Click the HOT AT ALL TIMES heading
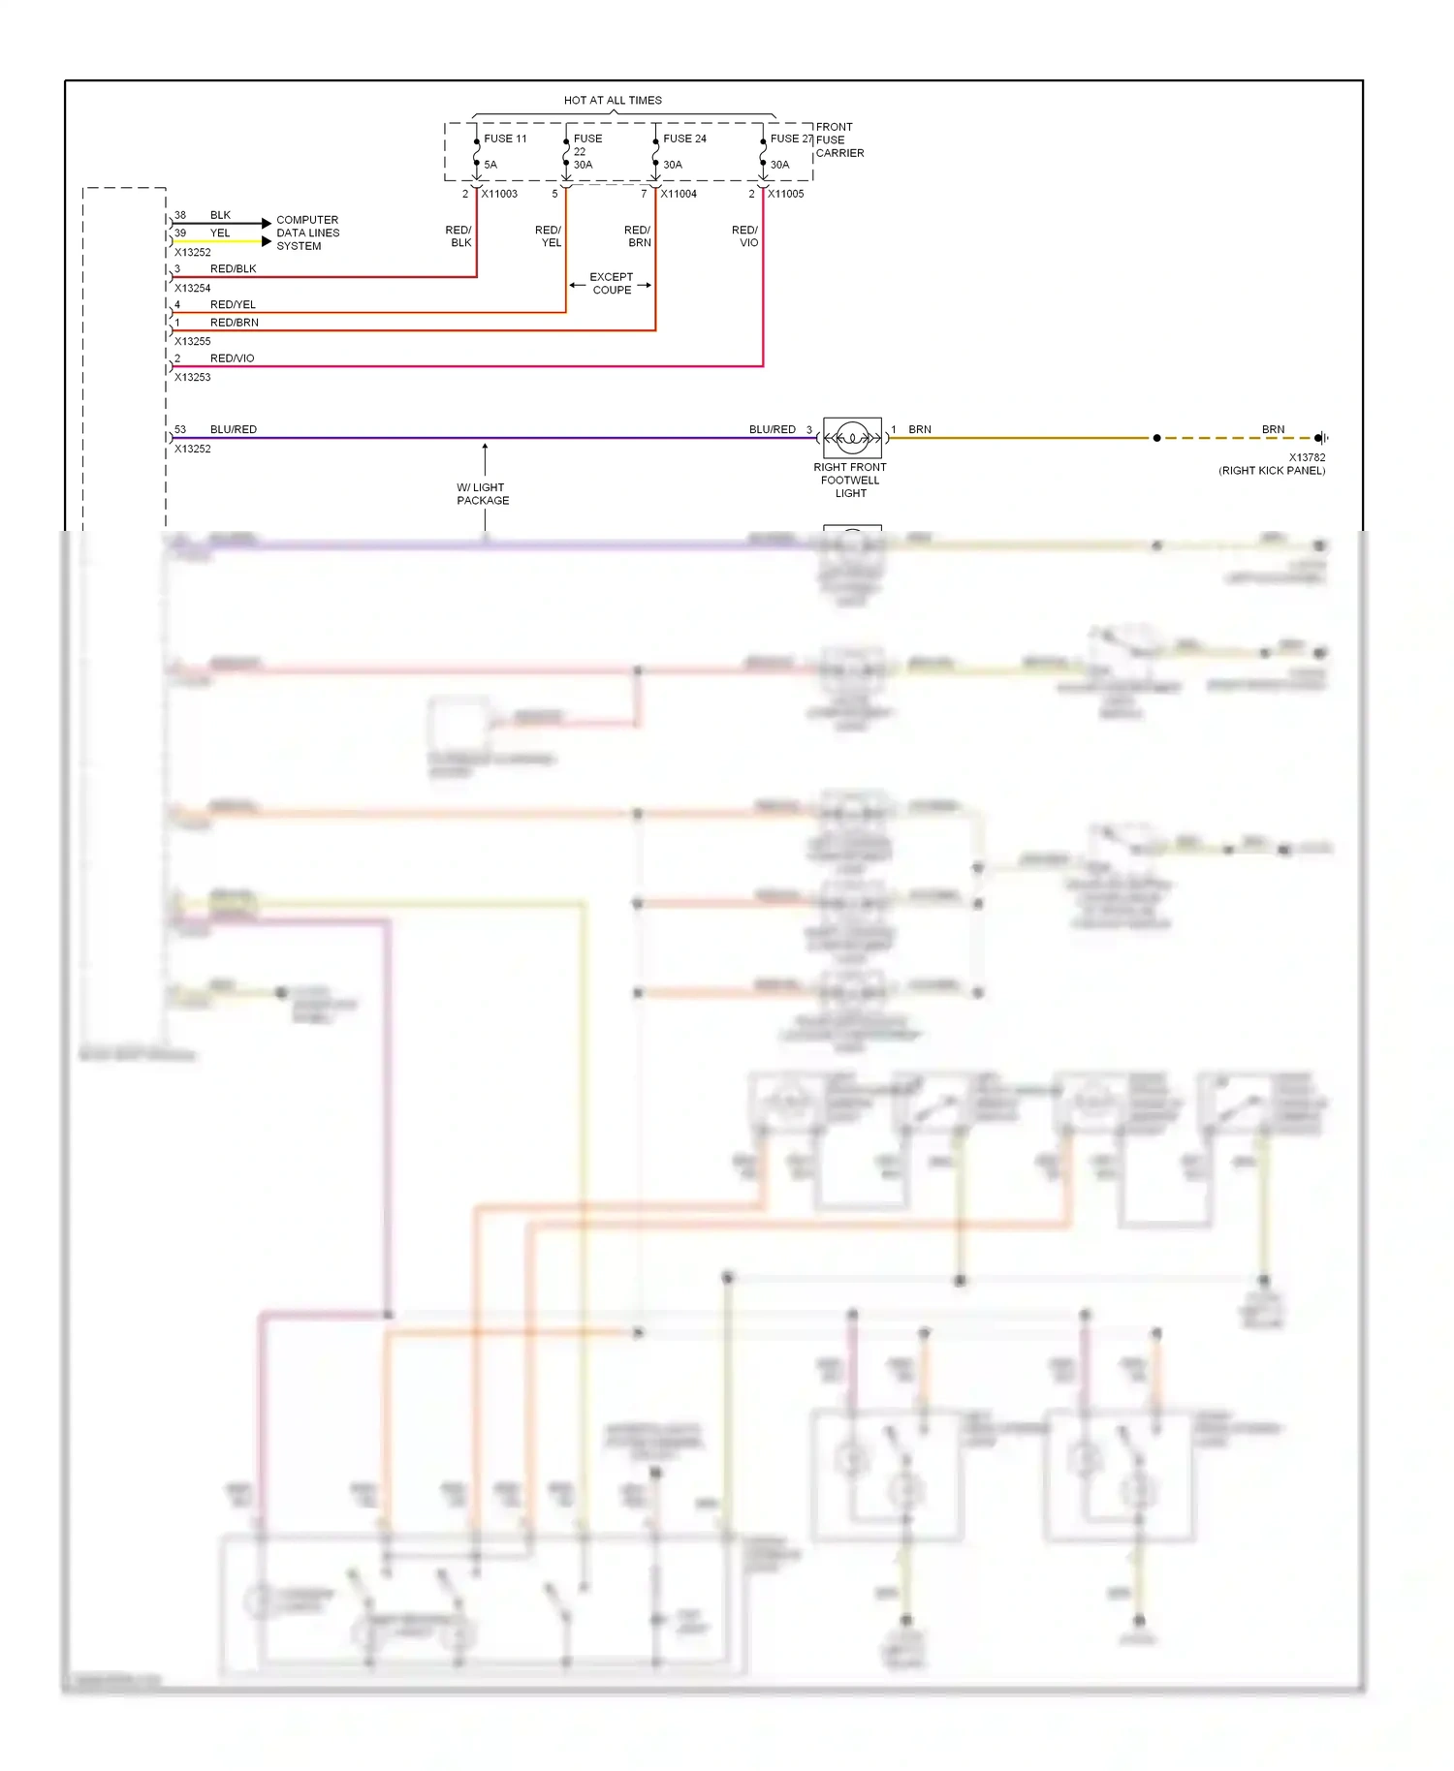coord(613,100)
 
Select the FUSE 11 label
coord(505,139)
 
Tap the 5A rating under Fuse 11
coord(490,165)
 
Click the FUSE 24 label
coord(684,139)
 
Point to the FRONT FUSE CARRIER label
coord(838,140)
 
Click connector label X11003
coord(499,194)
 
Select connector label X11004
coord(679,194)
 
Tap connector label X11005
coord(786,194)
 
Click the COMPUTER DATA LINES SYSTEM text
coord(307,233)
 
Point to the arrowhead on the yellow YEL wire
coord(267,241)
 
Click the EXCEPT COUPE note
coord(612,283)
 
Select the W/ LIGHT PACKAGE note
coord(483,494)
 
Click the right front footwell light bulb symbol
coord(852,438)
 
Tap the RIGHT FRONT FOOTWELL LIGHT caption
coord(850,480)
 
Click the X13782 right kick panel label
coord(1273,464)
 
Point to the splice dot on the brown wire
coord(1156,438)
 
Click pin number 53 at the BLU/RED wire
coord(180,429)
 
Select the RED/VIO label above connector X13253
coord(232,358)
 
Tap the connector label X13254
coord(192,288)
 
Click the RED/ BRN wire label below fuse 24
coord(638,236)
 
